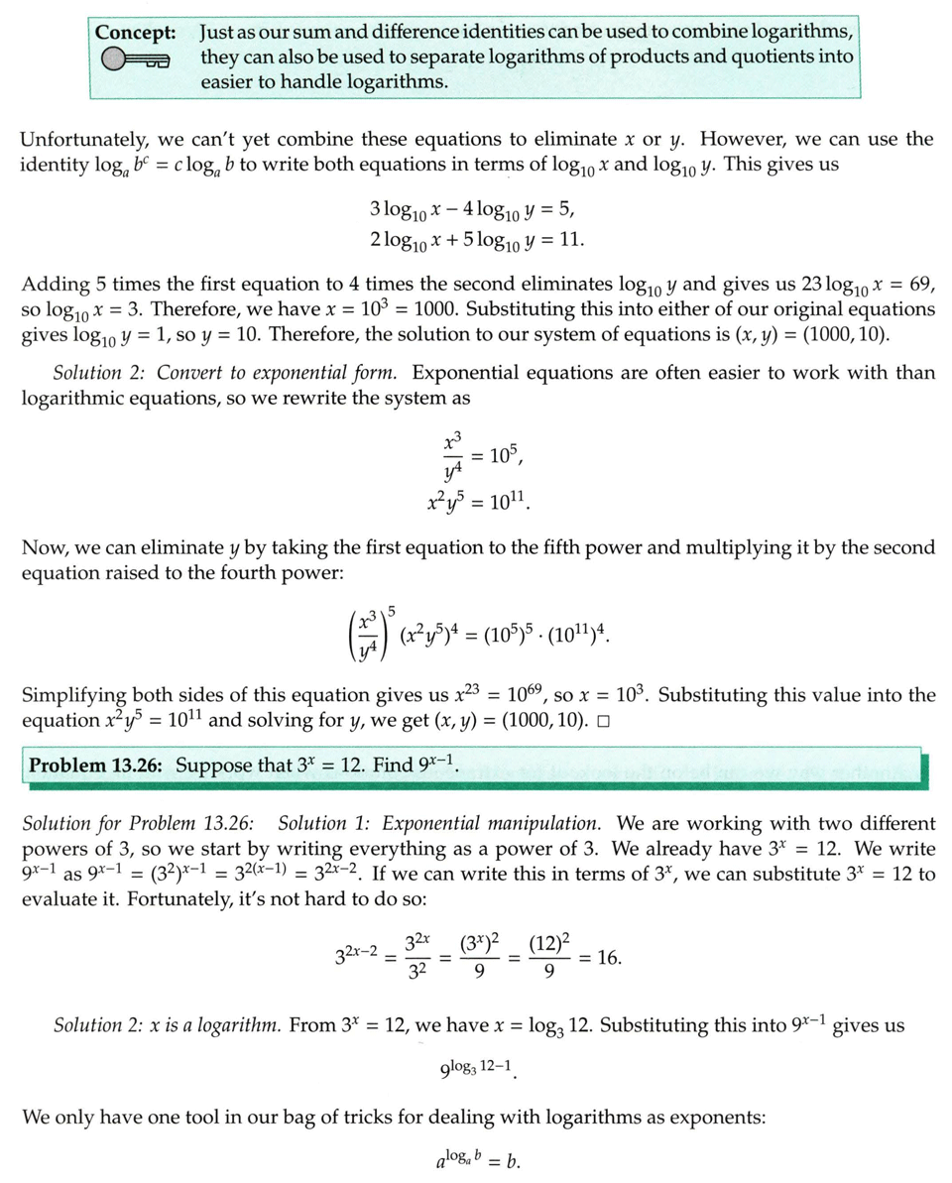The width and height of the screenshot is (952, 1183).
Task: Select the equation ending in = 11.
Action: [x=476, y=240]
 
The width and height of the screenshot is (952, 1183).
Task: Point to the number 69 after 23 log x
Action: [x=921, y=285]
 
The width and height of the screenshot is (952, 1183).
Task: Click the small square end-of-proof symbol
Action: [x=603, y=721]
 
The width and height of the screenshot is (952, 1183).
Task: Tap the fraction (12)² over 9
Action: [x=549, y=958]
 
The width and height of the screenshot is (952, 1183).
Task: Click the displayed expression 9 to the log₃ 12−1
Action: [x=480, y=1070]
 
